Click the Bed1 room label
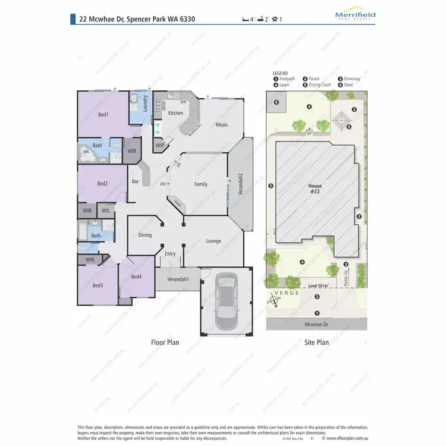click(102, 114)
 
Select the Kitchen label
click(175, 113)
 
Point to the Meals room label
click(222, 125)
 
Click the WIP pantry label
click(160, 145)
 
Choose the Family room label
click(201, 184)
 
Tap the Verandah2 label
click(241, 184)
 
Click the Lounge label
click(213, 241)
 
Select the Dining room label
click(145, 235)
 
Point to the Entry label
click(170, 254)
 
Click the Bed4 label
click(136, 277)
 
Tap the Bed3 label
click(98, 285)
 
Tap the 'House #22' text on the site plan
click(315, 189)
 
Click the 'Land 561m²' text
click(319, 286)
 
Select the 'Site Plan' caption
click(316, 343)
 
